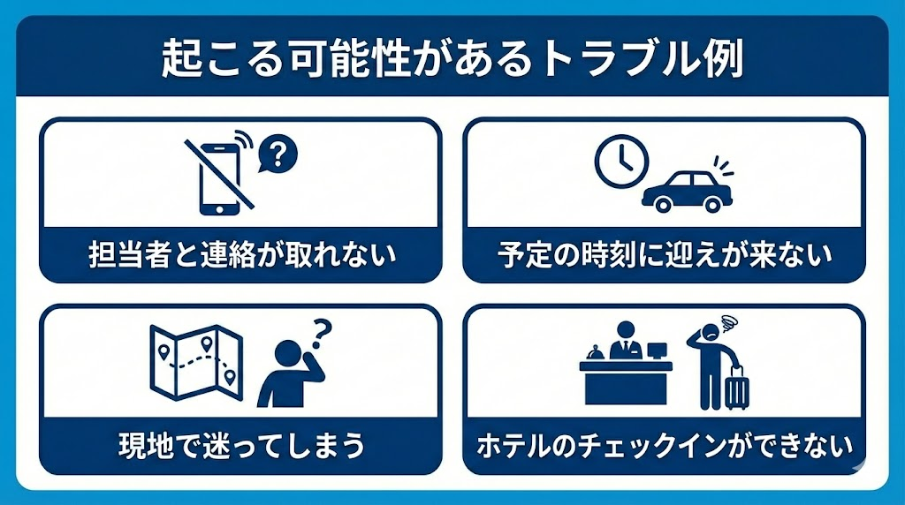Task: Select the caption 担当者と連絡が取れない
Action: (241, 254)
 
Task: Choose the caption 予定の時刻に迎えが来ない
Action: (664, 254)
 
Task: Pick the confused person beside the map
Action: (287, 375)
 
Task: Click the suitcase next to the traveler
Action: (736, 389)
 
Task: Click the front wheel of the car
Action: (658, 203)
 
